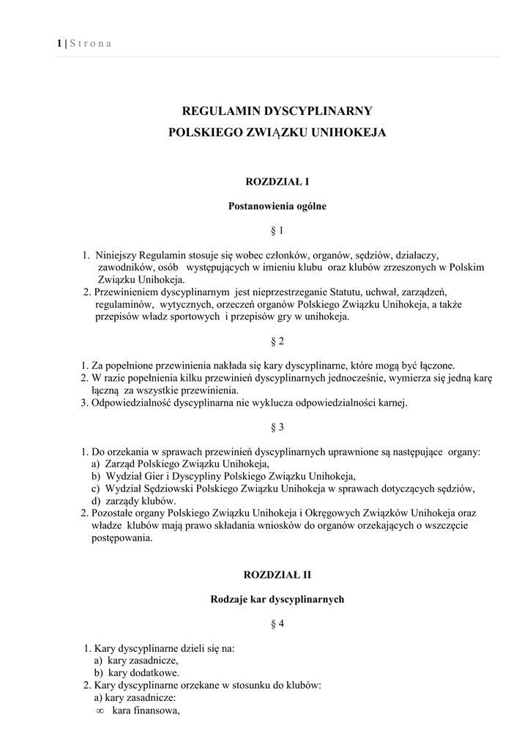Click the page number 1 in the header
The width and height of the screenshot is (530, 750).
pos(59,44)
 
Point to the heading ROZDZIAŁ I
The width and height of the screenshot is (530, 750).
pos(277,180)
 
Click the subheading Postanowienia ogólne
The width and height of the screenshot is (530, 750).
pos(277,206)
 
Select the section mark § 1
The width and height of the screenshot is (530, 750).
pos(277,231)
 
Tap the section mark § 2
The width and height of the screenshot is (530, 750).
pos(277,341)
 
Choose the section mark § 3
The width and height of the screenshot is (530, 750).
pos(277,427)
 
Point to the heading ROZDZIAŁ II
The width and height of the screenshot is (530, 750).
pos(277,575)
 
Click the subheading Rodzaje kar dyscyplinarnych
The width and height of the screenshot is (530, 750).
pos(277,599)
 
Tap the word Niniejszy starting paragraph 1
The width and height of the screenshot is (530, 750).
pos(116,256)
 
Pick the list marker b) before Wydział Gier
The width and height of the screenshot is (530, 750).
pos(96,475)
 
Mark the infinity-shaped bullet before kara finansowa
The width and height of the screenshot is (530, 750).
pos(101,711)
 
